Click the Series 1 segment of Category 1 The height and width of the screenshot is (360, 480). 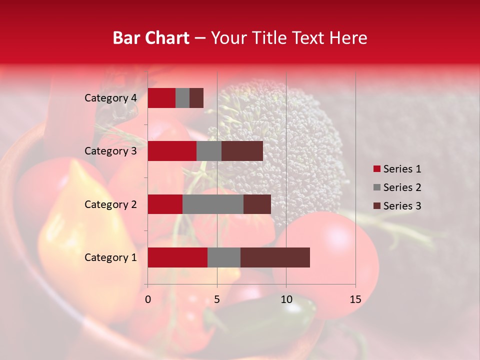(177, 257)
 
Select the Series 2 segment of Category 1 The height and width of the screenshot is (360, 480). (224, 257)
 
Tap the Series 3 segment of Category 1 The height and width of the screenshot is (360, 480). (275, 257)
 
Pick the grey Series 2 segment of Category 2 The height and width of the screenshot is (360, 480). (213, 204)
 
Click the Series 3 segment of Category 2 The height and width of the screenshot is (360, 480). (257, 204)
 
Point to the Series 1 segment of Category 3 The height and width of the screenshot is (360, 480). (172, 151)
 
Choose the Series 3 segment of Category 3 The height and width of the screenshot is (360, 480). (242, 151)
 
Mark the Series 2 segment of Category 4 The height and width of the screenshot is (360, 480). (182, 98)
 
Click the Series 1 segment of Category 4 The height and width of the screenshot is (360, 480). (161, 98)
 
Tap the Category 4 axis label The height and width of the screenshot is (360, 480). (110, 98)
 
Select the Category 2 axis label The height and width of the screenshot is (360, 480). (110, 204)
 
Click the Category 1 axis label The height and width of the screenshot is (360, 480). (110, 257)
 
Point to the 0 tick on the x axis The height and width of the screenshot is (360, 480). (148, 299)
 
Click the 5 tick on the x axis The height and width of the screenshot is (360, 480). (217, 299)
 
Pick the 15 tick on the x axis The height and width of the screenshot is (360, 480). (355, 299)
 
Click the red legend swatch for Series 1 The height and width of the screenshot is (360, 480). (377, 169)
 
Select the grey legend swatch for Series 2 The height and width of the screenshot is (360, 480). (377, 187)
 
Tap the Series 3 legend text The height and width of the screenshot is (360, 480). (402, 206)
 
